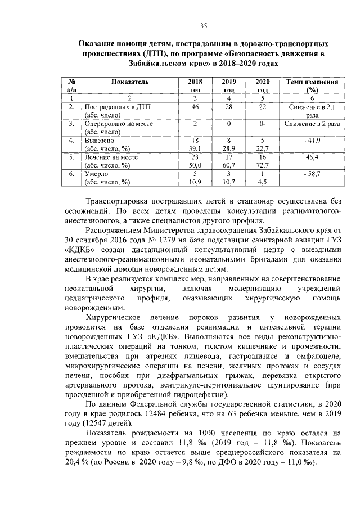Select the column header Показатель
130,82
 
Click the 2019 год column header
229,85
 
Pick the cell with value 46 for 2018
195,106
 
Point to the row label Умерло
97,174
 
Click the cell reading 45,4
312,157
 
